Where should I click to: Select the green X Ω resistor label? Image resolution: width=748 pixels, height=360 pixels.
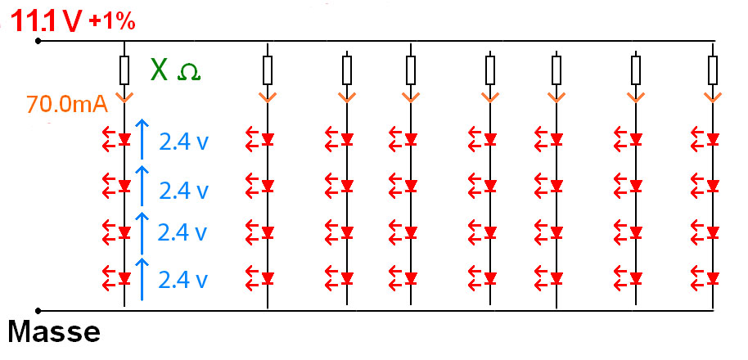coord(174,71)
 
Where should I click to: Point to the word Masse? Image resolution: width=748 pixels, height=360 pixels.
coord(54,332)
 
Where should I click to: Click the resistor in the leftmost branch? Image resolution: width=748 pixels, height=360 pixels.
coord(124,71)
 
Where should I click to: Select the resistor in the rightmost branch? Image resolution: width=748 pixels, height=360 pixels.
coord(714,70)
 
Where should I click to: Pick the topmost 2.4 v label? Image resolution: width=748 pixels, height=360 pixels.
coord(184,141)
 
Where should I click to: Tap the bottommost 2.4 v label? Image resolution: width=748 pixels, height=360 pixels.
coord(184,279)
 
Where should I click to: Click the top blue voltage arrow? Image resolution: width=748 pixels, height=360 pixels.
coord(142,138)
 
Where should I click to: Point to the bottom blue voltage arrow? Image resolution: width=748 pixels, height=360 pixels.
coord(142,276)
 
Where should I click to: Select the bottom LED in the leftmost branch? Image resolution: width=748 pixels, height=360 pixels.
coord(124,277)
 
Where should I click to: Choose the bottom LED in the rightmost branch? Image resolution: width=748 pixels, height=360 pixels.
coord(714,277)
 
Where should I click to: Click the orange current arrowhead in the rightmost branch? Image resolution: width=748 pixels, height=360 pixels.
coord(714,97)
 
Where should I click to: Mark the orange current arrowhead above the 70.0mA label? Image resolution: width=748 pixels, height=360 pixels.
coord(124,97)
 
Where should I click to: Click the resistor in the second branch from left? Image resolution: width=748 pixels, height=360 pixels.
coord(268,70)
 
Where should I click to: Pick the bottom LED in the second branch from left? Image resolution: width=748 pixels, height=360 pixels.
coord(268,277)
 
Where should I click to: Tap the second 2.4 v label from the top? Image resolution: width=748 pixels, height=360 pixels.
coord(184,190)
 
